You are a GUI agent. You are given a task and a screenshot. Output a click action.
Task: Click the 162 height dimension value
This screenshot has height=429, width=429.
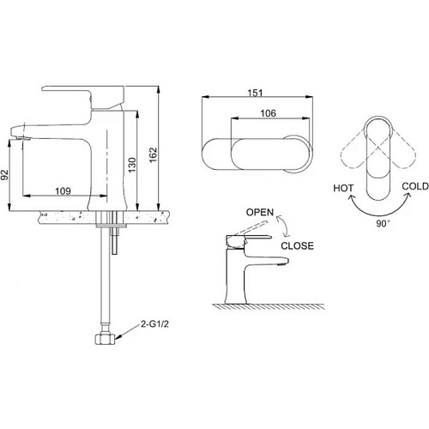[154, 154]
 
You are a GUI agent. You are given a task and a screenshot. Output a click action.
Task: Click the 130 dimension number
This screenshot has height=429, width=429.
[132, 165]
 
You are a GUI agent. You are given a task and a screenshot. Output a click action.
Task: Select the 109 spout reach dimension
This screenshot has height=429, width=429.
[63, 190]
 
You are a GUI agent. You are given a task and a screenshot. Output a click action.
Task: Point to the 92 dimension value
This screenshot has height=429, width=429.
[4, 175]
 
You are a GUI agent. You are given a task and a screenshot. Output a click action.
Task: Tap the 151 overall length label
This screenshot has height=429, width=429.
[255, 93]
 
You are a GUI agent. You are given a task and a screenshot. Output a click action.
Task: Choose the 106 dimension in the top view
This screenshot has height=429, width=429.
[268, 113]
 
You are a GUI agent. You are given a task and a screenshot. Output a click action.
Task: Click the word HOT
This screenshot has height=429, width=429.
[343, 188]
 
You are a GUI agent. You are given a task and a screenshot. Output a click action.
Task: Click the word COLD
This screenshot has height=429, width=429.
[415, 186]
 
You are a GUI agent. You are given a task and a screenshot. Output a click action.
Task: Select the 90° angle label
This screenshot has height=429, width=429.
[383, 223]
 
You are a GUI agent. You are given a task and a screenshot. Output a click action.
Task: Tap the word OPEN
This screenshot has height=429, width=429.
[260, 212]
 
